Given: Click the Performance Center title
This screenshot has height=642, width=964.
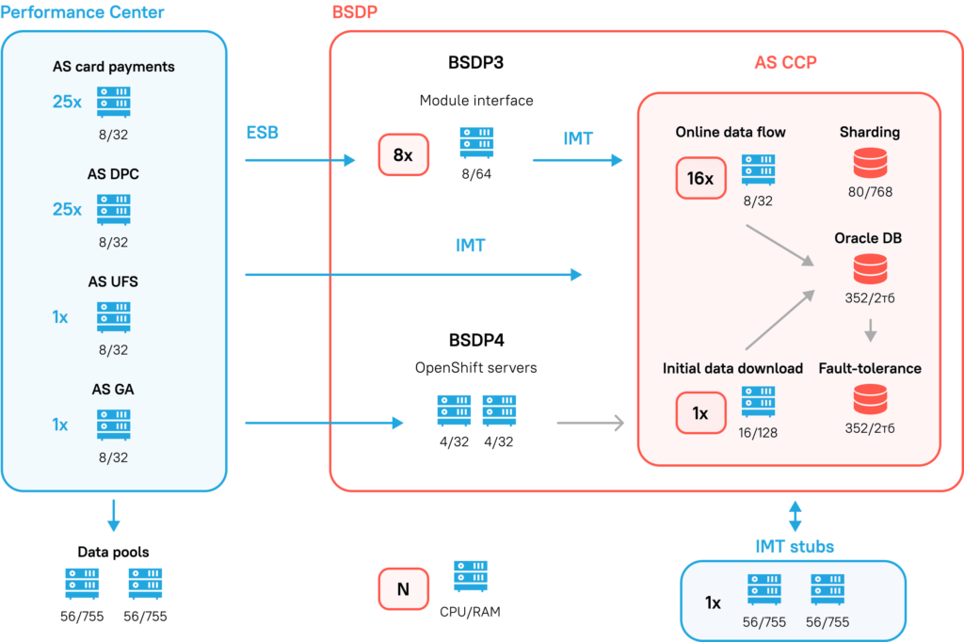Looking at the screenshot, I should coord(83,12).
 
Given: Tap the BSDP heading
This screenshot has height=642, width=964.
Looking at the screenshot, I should coord(355,12).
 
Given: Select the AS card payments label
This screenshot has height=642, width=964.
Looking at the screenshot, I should coord(113,67).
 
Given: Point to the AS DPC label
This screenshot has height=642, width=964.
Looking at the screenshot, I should coord(113,174).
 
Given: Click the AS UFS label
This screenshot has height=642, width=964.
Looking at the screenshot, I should coord(113,281).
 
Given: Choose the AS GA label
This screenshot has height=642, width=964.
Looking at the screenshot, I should coord(113,389).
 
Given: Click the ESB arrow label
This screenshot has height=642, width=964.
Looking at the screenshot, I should coord(262,133).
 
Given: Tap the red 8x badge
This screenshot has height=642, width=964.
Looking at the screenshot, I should coord(403,155).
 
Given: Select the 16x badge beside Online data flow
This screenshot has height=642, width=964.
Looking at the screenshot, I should coord(700,178).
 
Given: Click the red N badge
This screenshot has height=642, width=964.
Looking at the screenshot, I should coord(403,589).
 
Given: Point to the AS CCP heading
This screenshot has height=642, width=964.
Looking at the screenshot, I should coord(785,63).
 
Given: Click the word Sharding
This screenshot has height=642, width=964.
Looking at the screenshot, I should coord(869,133).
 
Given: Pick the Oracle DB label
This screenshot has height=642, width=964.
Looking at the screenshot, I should coord(868,238).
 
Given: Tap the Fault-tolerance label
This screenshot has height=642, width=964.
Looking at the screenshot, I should coord(869,368).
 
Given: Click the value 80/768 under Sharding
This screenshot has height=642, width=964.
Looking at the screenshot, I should coord(869,192).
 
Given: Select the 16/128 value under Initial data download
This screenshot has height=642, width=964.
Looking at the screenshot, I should coord(758,432).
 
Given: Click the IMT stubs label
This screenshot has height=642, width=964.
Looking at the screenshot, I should coord(794,546).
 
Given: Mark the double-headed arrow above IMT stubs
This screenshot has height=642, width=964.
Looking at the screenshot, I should coord(795,516).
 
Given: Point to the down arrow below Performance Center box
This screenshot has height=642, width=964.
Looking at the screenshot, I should coord(113,516).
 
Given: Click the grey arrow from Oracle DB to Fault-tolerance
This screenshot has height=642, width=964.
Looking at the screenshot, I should coord(870,330).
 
